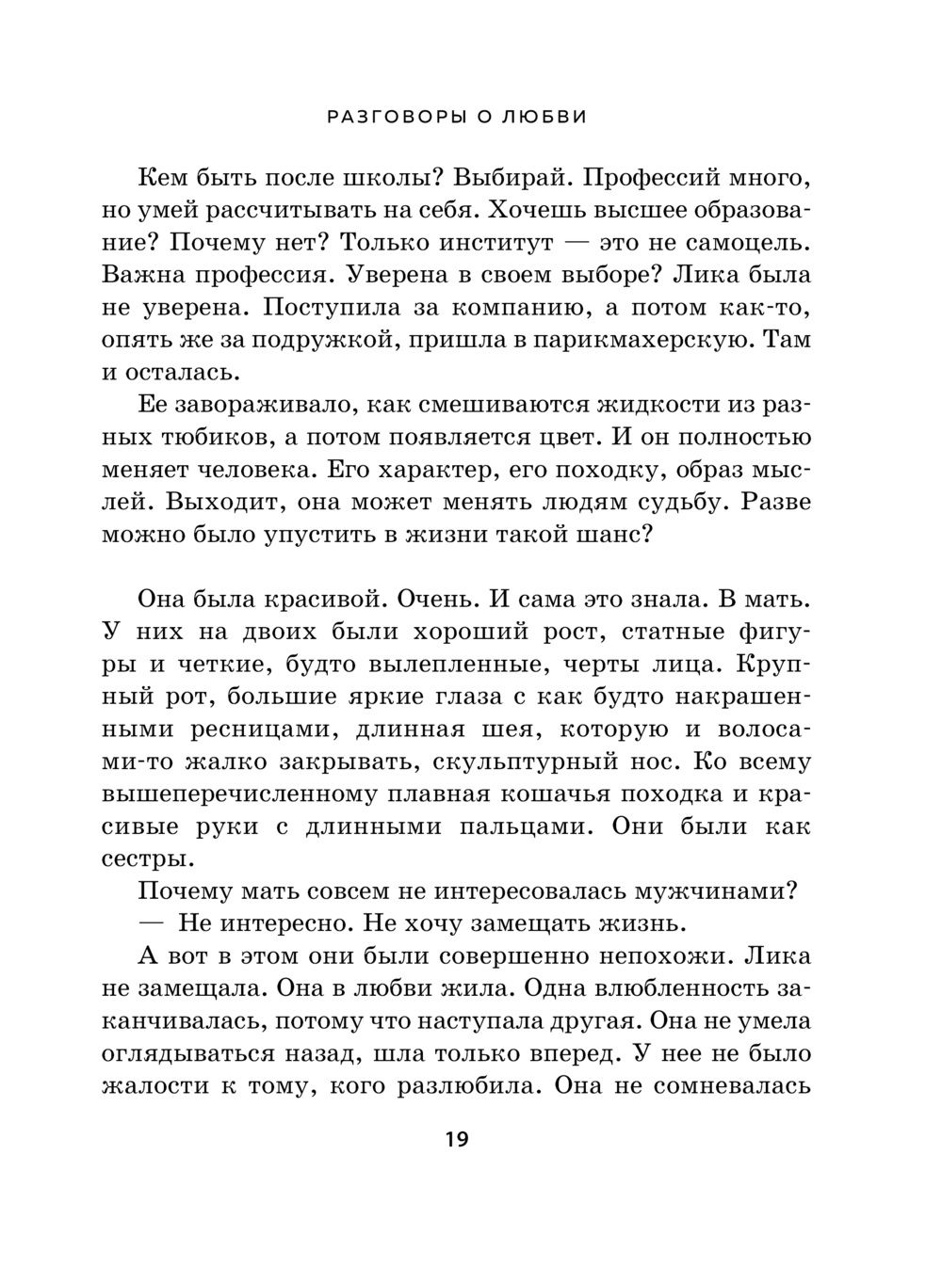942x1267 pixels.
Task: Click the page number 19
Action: pyautogui.click(x=456, y=1141)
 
